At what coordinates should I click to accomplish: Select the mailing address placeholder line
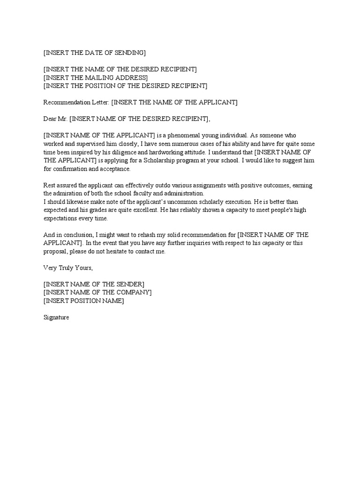(x=95, y=77)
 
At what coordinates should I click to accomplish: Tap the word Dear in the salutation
(x=51, y=119)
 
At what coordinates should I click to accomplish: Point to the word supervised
(x=97, y=144)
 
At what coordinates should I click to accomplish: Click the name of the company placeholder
(x=97, y=292)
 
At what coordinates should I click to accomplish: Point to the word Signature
(x=56, y=317)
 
